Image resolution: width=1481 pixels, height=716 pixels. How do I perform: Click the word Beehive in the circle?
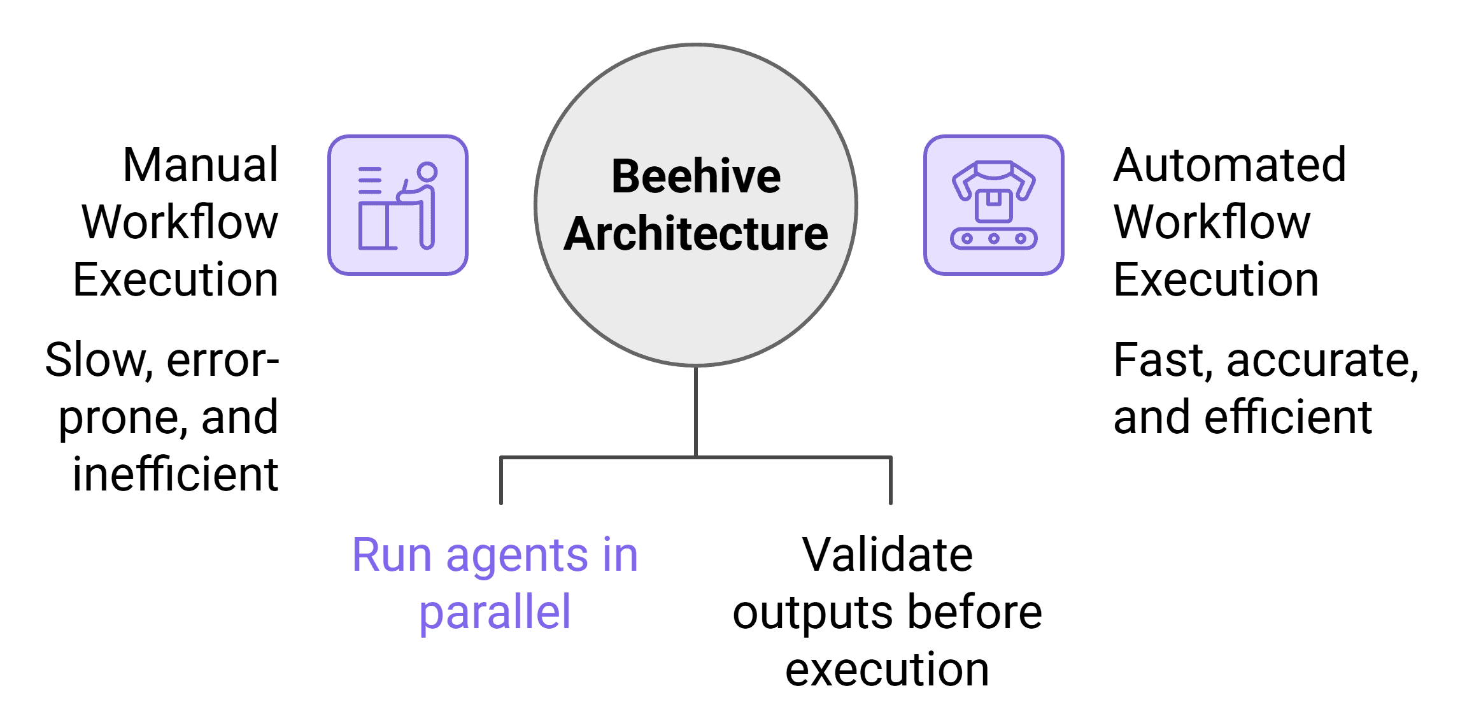696,176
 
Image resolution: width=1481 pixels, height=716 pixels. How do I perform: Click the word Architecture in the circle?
696,234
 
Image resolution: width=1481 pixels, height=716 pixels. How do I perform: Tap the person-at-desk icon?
398,205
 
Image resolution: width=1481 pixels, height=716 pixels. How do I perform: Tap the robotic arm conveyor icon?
993,205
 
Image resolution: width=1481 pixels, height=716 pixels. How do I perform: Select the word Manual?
200,165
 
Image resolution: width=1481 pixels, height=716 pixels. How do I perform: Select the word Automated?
1229,165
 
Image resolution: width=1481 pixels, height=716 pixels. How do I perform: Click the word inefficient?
175,475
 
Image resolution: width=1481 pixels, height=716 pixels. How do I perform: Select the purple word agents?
517,556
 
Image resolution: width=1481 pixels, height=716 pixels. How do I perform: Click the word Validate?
887,555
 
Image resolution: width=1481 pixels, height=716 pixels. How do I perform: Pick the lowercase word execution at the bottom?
887,670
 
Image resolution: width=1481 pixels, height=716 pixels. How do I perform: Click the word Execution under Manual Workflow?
175,280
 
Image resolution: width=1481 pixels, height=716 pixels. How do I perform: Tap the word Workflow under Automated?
1212,222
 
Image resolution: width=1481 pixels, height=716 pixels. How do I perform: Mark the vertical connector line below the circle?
696,412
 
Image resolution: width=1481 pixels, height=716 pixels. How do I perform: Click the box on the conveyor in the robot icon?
993,205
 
